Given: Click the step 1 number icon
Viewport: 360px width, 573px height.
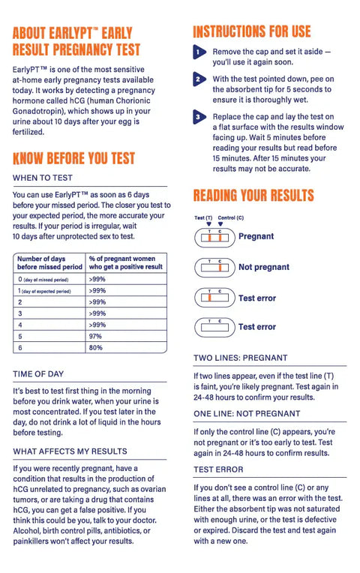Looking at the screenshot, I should [x=199, y=52].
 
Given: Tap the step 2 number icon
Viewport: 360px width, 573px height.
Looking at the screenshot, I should [x=199, y=79].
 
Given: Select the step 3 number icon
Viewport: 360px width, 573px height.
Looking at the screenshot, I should [x=199, y=118].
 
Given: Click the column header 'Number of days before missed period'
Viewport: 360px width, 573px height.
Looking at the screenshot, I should [x=49, y=262].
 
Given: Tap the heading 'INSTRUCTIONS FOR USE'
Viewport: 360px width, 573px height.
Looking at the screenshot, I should [x=251, y=31].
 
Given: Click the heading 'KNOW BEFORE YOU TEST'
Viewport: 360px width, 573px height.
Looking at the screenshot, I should [x=73, y=158].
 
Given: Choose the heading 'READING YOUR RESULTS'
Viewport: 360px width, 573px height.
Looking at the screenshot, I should [x=253, y=196].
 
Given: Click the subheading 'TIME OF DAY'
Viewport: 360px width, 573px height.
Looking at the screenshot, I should [x=38, y=373].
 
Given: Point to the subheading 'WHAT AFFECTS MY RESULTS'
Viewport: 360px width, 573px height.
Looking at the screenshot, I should [x=70, y=451].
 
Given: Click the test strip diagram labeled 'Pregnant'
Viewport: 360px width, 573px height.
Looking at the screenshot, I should [x=213, y=237].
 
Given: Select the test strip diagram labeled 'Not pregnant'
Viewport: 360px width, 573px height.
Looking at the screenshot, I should [x=213, y=267].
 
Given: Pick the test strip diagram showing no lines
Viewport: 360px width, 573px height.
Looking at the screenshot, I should [x=213, y=327].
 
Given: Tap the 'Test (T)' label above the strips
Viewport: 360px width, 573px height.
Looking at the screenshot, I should [x=203, y=217].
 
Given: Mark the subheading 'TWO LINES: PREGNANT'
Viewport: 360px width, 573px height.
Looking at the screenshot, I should [x=240, y=358].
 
